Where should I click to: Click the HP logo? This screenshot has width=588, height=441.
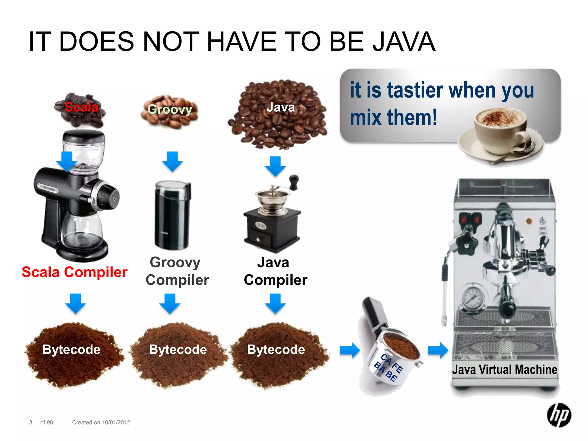point(559,415)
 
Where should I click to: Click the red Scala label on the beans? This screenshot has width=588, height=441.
point(82,107)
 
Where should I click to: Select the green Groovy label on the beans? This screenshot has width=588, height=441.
point(170,109)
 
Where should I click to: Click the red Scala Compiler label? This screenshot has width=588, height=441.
point(74,272)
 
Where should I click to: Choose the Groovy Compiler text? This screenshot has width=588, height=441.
point(177,271)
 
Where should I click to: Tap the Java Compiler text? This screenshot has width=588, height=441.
point(275,271)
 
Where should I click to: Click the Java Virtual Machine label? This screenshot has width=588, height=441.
point(504,370)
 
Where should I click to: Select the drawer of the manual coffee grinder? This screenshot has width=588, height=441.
point(260,237)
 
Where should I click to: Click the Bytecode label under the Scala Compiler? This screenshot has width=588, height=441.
point(71,349)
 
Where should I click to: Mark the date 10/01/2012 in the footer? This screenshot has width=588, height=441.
point(116,422)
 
